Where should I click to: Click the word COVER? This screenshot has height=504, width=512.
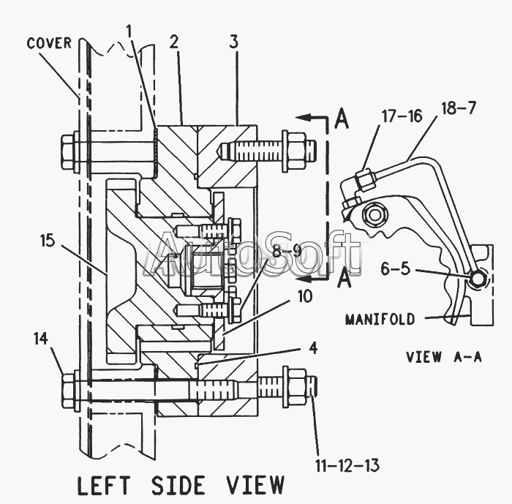49,43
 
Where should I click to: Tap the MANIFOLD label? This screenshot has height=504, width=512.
380,319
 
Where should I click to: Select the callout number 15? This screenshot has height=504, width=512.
48,241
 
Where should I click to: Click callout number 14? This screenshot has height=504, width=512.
41,339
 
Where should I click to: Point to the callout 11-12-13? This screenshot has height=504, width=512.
347,465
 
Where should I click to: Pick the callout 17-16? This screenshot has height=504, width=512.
402,116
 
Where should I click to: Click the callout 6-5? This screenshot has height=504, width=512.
396,268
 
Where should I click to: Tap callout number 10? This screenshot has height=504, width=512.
305,297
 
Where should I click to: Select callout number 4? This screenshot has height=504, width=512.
313,348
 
